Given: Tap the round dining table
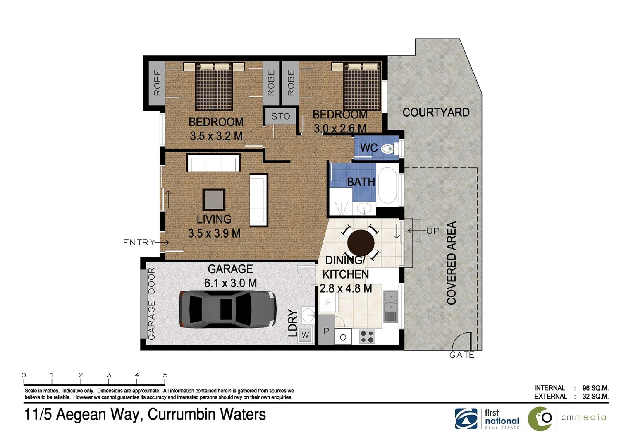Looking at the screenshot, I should point(361,243).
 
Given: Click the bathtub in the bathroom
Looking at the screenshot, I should point(387,185).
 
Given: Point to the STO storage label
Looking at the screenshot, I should point(281,116).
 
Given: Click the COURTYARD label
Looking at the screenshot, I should point(436,113).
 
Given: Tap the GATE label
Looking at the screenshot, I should point(461,355).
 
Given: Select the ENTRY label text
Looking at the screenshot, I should point(139,242).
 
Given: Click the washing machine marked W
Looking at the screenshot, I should point(305,334).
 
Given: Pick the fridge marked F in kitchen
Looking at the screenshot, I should point(329,303).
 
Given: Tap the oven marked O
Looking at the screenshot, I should point(343,337).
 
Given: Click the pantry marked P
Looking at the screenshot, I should point(326,330).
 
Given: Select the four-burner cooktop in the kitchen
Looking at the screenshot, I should point(367,336).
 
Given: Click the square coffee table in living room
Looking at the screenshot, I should point(214,200).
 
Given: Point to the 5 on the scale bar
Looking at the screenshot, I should point(165,375).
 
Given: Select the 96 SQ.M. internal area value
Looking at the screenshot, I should point(595,388).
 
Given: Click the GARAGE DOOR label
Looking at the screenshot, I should point(151,303).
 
